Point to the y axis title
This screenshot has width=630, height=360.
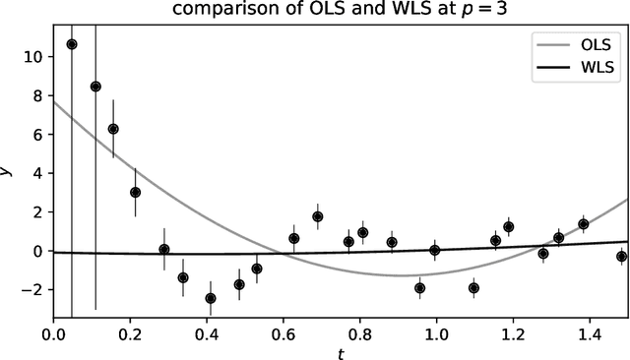coord(9,171)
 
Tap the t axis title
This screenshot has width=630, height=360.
coord(341,351)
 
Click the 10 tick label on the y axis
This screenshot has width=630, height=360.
coord(33,57)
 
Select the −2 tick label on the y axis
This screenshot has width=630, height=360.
coord(33,290)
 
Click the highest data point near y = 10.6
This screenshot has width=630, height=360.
coord(72,44)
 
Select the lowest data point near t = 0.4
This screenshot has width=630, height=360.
coord(211,298)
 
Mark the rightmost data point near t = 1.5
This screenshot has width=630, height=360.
coord(621,257)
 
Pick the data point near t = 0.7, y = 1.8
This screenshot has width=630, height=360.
coord(318,216)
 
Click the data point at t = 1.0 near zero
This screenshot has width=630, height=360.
coord(434,250)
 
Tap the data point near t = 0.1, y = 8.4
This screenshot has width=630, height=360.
coord(95,87)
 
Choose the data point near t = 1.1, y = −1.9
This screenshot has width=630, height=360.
coord(473,288)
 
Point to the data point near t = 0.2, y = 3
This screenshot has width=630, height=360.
coord(135,193)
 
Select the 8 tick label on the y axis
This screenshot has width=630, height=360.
coord(37,96)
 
